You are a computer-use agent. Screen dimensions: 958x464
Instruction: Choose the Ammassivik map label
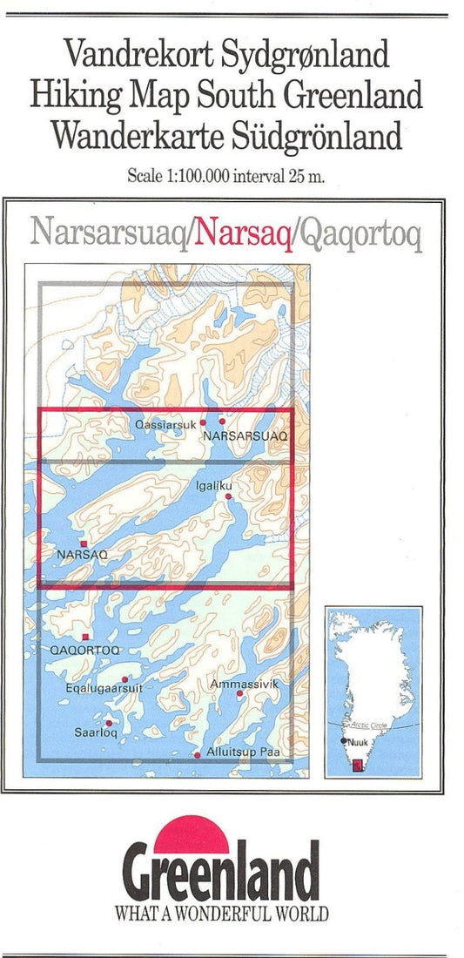(x=245, y=685)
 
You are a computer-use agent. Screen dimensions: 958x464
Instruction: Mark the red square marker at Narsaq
(x=84, y=543)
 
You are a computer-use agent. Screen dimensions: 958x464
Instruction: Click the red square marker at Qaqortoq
(x=85, y=638)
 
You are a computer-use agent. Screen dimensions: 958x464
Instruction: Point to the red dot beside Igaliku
(x=229, y=496)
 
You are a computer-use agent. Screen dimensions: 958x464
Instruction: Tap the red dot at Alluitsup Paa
(x=198, y=754)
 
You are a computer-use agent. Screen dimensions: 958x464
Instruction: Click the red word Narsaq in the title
(x=244, y=233)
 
